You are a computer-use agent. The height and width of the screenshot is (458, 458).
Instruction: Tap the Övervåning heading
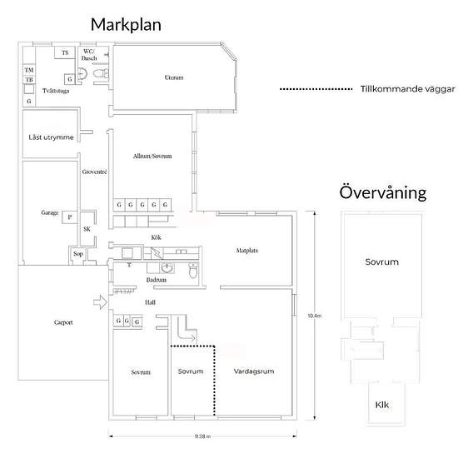pyautogui.click(x=383, y=192)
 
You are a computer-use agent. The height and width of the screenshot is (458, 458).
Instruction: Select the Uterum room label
pyautogui.click(x=173, y=78)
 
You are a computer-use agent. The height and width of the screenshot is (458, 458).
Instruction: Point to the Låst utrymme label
pyautogui.click(x=51, y=137)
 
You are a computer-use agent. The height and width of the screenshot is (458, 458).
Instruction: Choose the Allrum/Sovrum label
pyautogui.click(x=152, y=156)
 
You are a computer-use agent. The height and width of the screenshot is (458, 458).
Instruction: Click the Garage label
pyautogui.click(x=49, y=213)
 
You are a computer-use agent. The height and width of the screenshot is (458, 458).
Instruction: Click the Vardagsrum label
pyautogui.click(x=254, y=371)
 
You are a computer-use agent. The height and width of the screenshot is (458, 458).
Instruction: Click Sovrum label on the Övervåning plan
pyautogui.click(x=381, y=262)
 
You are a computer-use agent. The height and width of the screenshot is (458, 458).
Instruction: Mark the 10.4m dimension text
pyautogui.click(x=314, y=316)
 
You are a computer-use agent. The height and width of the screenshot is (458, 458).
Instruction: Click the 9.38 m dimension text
pyautogui.click(x=202, y=436)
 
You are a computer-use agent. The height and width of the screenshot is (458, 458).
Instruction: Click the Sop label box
pyautogui.click(x=78, y=254)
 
